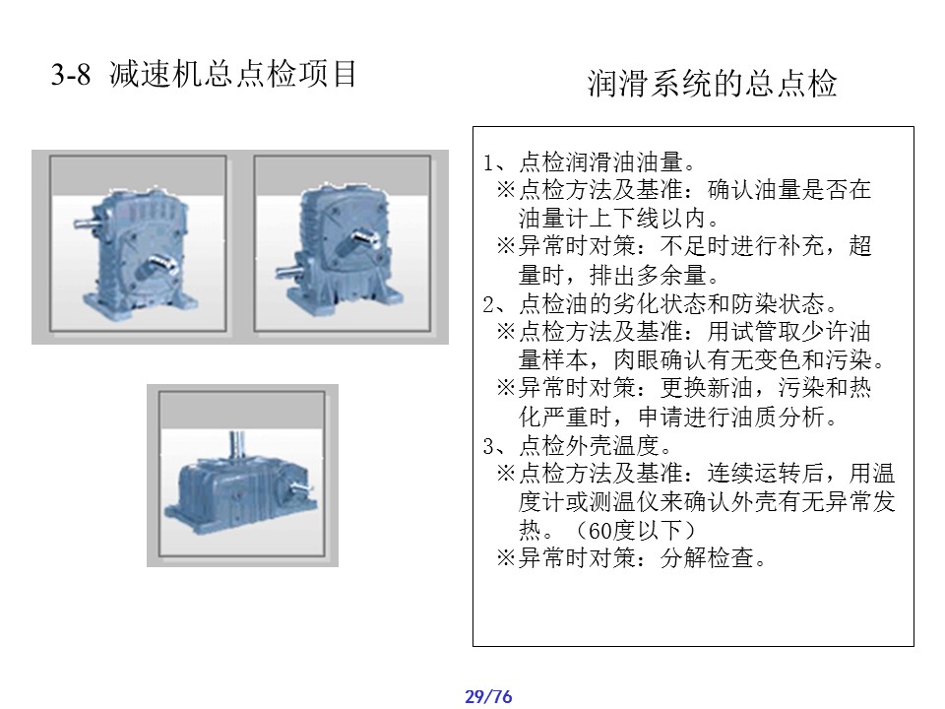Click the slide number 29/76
(488, 696)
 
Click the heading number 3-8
(71, 75)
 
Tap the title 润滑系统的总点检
(713, 83)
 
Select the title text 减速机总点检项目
(233, 74)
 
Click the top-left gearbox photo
(138, 243)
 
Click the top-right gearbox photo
(343, 243)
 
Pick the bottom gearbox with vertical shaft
(242, 475)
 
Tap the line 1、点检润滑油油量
(590, 161)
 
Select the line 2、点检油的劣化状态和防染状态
(661, 304)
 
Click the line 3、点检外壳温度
(578, 445)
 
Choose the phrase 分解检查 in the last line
(707, 558)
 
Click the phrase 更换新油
(707, 388)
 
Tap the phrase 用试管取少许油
(789, 332)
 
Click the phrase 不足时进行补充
(742, 246)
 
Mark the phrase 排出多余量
(648, 275)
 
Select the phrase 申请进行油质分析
(731, 417)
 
